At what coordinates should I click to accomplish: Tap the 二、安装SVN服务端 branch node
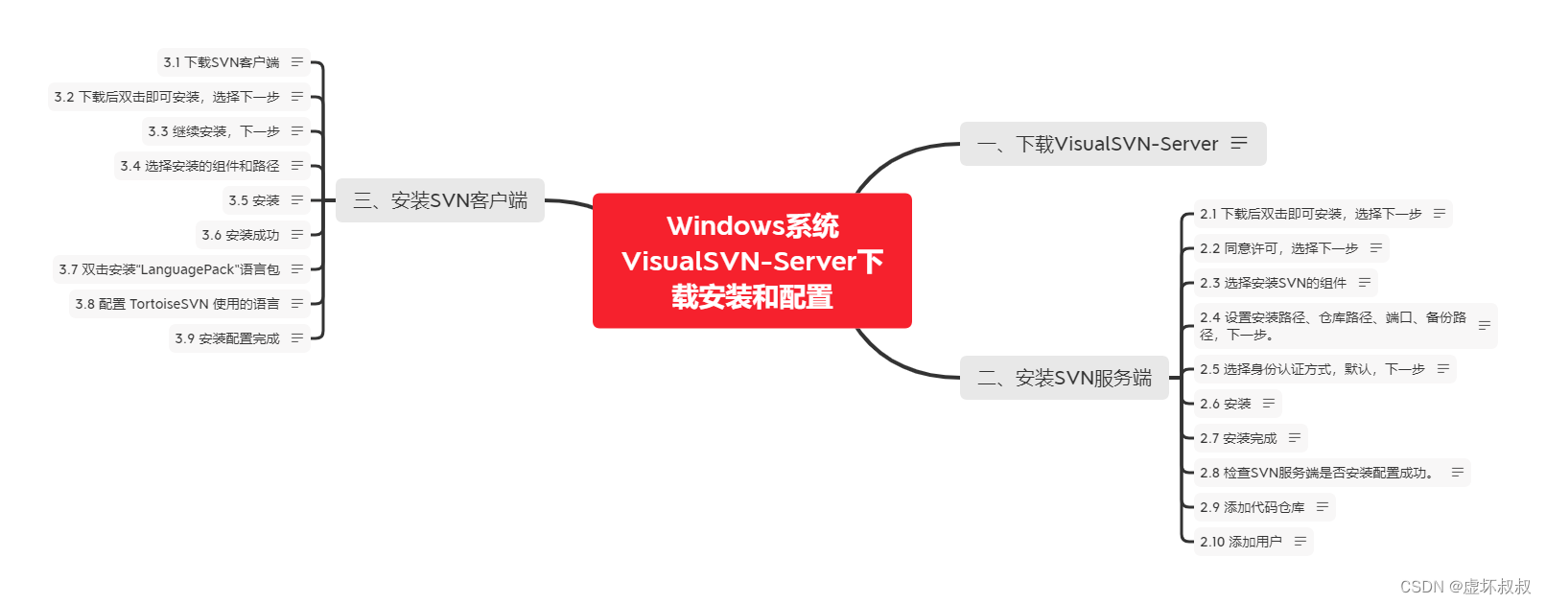click(x=1064, y=378)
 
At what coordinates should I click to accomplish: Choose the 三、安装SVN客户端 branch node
click(x=440, y=200)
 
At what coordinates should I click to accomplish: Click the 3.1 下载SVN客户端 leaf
click(x=222, y=62)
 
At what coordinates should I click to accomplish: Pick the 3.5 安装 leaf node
click(x=253, y=200)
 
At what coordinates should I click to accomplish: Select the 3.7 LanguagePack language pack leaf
click(x=170, y=269)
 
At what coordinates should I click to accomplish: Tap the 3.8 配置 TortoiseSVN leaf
click(x=177, y=304)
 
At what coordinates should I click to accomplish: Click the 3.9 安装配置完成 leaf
click(x=227, y=338)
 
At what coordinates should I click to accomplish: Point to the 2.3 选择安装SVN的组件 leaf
click(x=1273, y=283)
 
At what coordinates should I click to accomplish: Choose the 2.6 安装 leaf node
click(x=1226, y=404)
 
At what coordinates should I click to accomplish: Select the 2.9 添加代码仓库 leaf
click(x=1252, y=507)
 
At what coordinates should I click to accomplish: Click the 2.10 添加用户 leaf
click(x=1241, y=542)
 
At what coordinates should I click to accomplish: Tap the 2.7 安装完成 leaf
click(x=1238, y=438)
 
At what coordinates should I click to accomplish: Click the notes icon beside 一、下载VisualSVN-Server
click(x=1239, y=143)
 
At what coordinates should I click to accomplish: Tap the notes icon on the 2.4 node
click(x=1484, y=326)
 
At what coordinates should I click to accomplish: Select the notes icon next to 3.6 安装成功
click(x=297, y=235)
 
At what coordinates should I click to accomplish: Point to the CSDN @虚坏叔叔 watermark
click(x=1464, y=587)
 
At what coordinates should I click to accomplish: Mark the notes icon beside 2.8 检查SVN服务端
click(x=1457, y=473)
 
